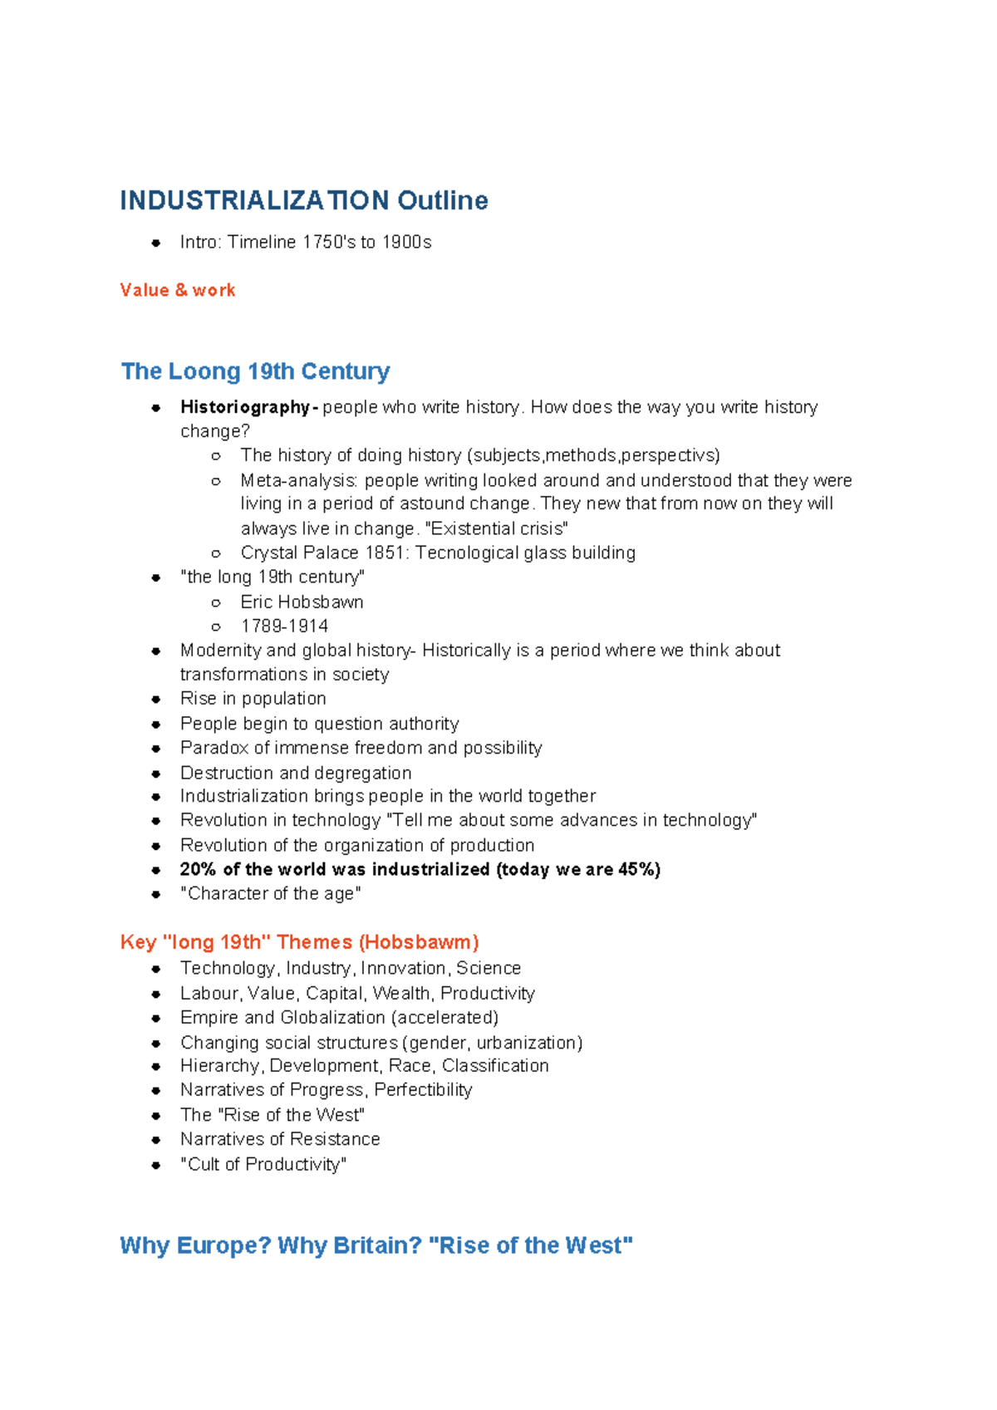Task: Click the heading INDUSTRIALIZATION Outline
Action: [x=303, y=200]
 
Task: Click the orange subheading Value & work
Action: [x=178, y=290]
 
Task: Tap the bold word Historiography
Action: [x=245, y=407]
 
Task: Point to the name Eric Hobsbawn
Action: [x=302, y=602]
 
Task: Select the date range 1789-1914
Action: [x=284, y=626]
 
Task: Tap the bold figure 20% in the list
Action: [x=198, y=869]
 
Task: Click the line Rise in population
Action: [x=253, y=699]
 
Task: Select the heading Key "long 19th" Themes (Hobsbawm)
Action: [x=299, y=942]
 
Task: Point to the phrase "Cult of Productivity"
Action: [x=263, y=1164]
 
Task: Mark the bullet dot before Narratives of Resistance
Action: [x=155, y=1140]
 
